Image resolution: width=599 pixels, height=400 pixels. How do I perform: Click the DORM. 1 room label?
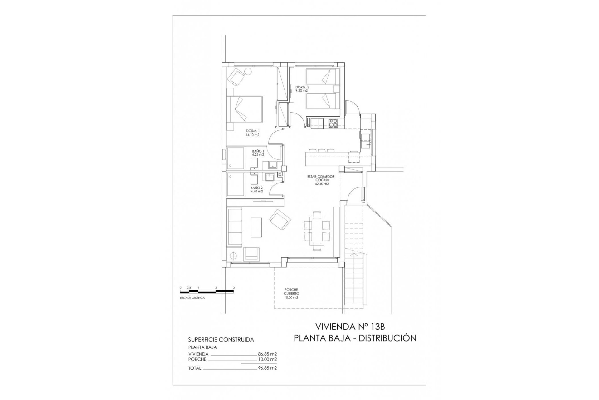pyautogui.click(x=252, y=132)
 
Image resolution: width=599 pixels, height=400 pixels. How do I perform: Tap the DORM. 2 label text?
pyautogui.click(x=302, y=89)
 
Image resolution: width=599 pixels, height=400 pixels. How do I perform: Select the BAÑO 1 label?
pyautogui.click(x=258, y=153)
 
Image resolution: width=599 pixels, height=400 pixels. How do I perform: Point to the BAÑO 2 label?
pyautogui.click(x=256, y=190)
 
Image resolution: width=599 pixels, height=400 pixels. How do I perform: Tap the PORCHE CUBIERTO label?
pyautogui.click(x=291, y=294)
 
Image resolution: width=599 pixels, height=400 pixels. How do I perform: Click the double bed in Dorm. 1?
pyautogui.click(x=244, y=109)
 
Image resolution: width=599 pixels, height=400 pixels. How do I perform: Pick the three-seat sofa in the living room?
pyautogui.click(x=235, y=227)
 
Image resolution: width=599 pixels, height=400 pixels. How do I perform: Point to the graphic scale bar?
pyautogui.click(x=207, y=292)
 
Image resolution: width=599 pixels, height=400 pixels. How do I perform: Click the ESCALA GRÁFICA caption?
pyautogui.click(x=192, y=298)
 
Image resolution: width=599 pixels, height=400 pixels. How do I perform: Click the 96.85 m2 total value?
pyautogui.click(x=267, y=368)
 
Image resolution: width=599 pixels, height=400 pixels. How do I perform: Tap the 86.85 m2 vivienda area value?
pyautogui.click(x=267, y=354)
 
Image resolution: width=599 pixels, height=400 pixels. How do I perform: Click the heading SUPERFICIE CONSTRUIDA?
pyautogui.click(x=221, y=339)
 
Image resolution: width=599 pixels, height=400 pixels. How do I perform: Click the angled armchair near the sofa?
pyautogui.click(x=280, y=220)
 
